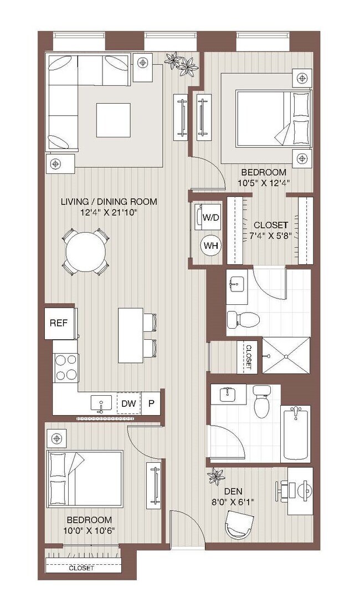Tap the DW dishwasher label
128,404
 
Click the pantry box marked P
151,404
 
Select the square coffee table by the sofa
113,120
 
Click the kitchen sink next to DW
101,404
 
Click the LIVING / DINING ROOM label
109,202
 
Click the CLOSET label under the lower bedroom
81,569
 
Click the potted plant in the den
215,476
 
